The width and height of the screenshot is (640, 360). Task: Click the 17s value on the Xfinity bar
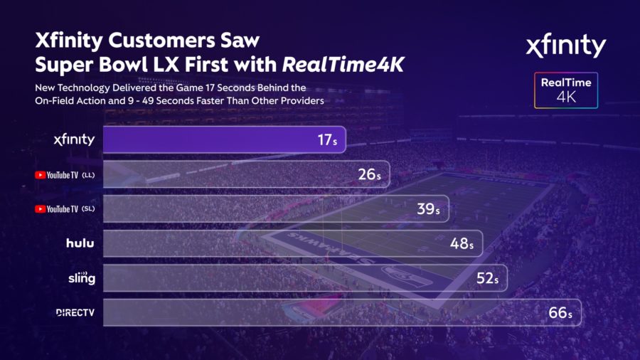point(327,140)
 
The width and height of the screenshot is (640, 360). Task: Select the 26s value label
point(370,174)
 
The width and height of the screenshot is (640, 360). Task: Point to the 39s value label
point(429,208)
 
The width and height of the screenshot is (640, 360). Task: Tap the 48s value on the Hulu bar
point(462,243)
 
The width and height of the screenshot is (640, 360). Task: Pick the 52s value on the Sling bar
point(487,278)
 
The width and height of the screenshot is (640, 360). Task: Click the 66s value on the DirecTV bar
point(560,313)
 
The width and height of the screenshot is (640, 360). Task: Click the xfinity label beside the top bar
point(74,139)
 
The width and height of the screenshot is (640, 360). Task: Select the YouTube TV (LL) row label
point(65,174)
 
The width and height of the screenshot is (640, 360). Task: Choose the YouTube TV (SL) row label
point(65,209)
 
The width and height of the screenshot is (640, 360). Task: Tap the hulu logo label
point(80,243)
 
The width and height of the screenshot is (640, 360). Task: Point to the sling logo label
point(82,277)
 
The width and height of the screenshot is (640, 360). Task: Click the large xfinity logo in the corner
point(565,47)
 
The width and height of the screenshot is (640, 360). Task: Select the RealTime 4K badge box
point(566,90)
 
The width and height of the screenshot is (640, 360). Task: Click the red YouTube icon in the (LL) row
point(40,174)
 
